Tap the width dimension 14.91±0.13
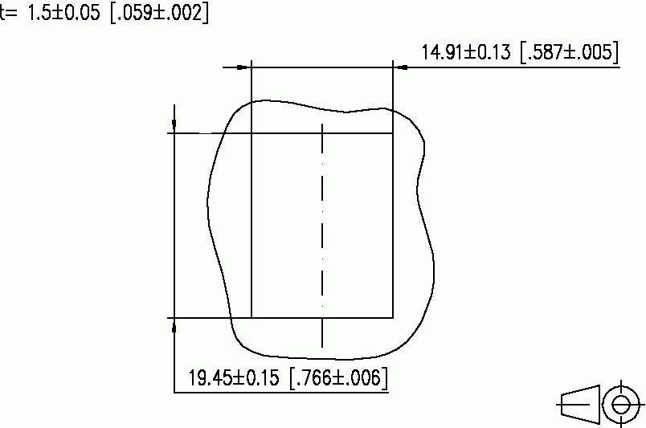tap(466, 53)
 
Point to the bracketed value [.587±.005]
tap(569, 53)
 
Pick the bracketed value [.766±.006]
tap(337, 377)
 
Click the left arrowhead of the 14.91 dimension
tap(244, 67)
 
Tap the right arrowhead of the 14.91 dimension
tap(400, 67)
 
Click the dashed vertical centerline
tap(322, 233)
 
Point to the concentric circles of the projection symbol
tap(619, 404)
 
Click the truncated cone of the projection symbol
tap(579, 404)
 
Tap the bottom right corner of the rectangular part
tap(393, 318)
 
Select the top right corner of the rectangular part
tap(393, 132)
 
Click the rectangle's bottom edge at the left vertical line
tap(251, 318)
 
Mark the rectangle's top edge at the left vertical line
tap(251, 132)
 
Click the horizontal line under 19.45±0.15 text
tap(281, 392)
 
